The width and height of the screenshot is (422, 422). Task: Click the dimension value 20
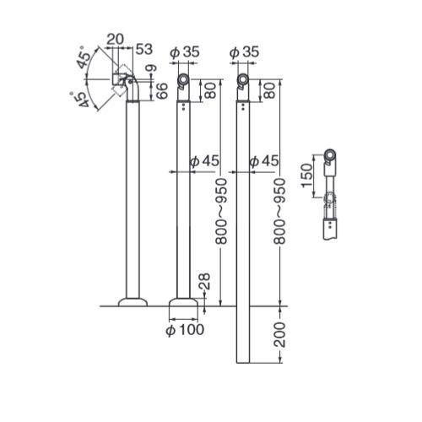click(x=115, y=40)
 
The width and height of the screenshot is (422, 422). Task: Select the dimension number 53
click(x=144, y=49)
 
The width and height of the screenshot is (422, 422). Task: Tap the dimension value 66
click(x=162, y=91)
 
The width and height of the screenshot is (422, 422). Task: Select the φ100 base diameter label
click(x=185, y=330)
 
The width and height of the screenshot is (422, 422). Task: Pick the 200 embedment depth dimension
click(x=279, y=335)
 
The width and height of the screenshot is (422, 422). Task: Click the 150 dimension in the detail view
click(x=306, y=176)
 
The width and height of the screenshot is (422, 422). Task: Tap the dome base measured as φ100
click(x=183, y=302)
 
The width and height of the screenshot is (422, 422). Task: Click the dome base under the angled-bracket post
click(x=133, y=302)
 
